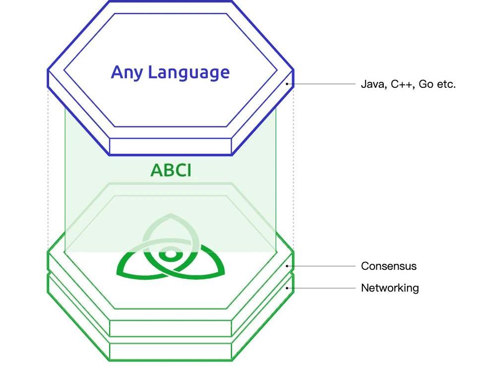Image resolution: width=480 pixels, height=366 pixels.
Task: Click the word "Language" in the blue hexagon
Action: point(189,73)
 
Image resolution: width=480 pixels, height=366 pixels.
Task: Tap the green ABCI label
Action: point(171,170)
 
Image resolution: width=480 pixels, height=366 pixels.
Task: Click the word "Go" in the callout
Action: point(425,84)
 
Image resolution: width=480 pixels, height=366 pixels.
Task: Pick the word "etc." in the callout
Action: point(446,84)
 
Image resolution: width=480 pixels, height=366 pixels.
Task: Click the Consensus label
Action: point(389,266)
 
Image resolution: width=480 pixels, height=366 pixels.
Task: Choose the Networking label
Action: point(390,288)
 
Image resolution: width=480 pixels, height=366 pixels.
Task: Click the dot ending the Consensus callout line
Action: point(287,266)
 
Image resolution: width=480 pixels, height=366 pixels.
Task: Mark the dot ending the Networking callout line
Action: point(287,288)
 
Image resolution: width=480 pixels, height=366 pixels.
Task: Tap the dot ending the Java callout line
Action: point(287,84)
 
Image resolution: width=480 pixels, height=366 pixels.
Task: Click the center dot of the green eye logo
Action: point(171,254)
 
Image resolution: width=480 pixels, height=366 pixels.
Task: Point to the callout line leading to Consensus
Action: point(321,266)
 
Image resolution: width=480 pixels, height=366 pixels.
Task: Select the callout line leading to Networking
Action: point(321,288)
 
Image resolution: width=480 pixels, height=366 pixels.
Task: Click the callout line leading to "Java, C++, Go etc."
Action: point(321,84)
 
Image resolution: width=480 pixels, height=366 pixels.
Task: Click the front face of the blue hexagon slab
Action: point(171,146)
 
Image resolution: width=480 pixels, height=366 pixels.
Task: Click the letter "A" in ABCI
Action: point(156,170)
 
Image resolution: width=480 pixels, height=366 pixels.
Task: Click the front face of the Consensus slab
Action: point(171,328)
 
